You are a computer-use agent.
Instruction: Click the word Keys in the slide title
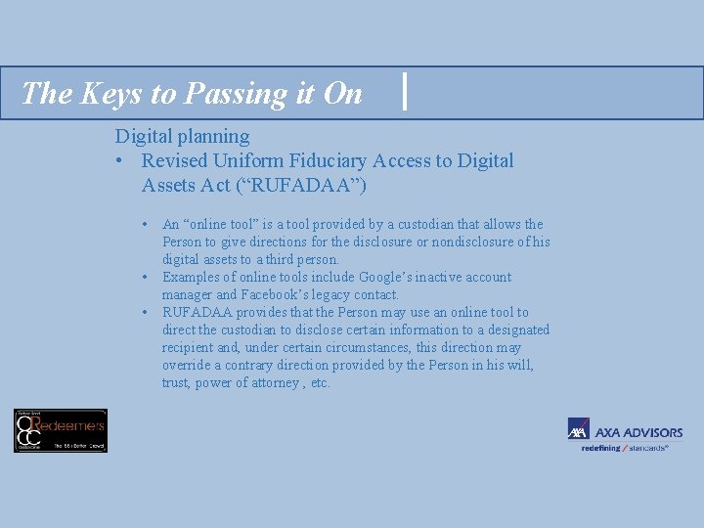pyautogui.click(x=99, y=93)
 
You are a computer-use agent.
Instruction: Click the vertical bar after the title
pyautogui.click(x=405, y=93)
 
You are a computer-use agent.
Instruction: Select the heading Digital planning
pyautogui.click(x=182, y=136)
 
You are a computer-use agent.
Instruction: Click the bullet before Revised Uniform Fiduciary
pyautogui.click(x=119, y=160)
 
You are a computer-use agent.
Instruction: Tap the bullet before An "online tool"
pyautogui.click(x=144, y=225)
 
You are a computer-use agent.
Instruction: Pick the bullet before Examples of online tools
pyautogui.click(x=144, y=278)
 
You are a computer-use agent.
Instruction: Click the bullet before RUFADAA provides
pyautogui.click(x=144, y=313)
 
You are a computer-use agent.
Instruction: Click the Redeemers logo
pyautogui.click(x=61, y=430)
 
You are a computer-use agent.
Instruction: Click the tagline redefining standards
pyautogui.click(x=625, y=448)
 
